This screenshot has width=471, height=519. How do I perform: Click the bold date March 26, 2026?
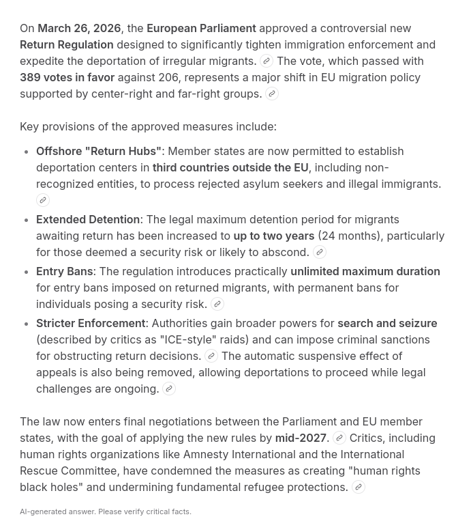pyautogui.click(x=79, y=28)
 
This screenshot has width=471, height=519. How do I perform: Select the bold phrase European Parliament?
pyautogui.click(x=201, y=28)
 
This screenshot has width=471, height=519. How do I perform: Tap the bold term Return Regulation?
pyautogui.click(x=67, y=44)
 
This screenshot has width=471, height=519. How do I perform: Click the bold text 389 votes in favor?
pyautogui.click(x=67, y=77)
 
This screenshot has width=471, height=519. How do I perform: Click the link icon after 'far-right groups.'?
pyautogui.click(x=272, y=94)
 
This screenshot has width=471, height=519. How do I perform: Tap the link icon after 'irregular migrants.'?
pyautogui.click(x=267, y=61)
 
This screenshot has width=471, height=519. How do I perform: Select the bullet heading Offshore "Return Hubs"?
pyautogui.click(x=99, y=151)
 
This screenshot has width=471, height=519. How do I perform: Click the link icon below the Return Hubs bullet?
pyautogui.click(x=43, y=200)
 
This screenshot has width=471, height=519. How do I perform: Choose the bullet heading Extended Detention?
pyautogui.click(x=88, y=219)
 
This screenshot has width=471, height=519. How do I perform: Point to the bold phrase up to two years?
pyautogui.click(x=274, y=236)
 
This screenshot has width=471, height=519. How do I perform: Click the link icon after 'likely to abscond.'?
pyautogui.click(x=319, y=252)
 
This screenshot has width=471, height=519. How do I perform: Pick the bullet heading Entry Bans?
pyautogui.click(x=65, y=271)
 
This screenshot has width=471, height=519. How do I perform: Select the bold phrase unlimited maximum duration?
pyautogui.click(x=365, y=271)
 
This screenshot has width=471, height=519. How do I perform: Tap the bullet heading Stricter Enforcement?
pyautogui.click(x=91, y=323)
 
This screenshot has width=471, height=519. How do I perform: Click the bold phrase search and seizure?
pyautogui.click(x=387, y=323)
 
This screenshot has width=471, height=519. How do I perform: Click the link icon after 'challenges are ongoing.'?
pyautogui.click(x=169, y=389)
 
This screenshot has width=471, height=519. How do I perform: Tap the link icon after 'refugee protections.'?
pyautogui.click(x=358, y=487)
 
